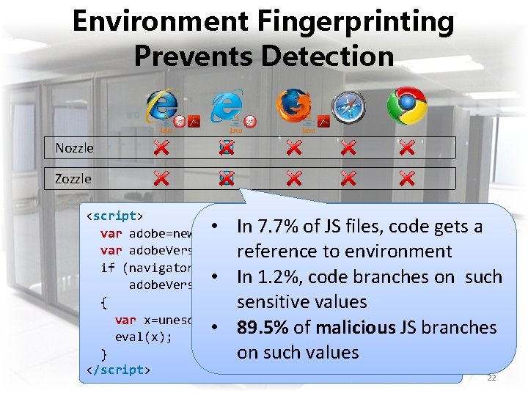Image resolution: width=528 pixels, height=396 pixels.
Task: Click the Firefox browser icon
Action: tap(293, 106)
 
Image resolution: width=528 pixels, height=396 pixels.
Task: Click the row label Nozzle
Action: tap(75, 148)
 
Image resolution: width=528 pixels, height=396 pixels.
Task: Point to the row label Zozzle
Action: tap(73, 179)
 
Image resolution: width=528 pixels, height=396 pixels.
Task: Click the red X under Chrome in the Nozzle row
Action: tap(407, 148)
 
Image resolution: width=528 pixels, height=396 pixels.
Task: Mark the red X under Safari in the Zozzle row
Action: tap(348, 178)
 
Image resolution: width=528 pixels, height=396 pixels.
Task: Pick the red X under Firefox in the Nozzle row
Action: tap(293, 148)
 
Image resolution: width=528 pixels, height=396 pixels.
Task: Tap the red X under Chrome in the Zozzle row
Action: tap(407, 178)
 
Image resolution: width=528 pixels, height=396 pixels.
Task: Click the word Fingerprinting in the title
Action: tap(355, 22)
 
